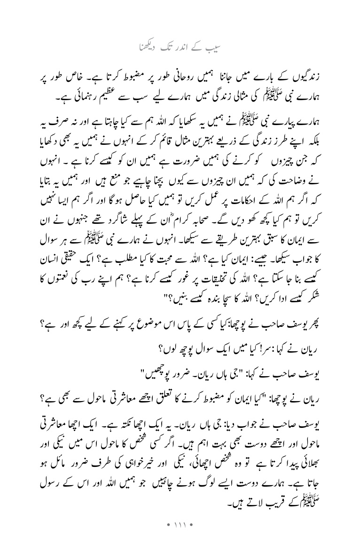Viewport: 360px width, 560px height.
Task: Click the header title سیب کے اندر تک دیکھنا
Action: point(180,47)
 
